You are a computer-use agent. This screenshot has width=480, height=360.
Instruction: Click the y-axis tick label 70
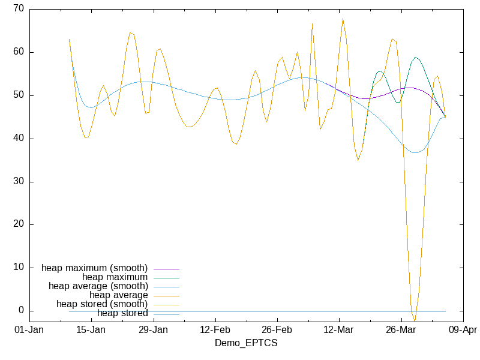pos(18,9)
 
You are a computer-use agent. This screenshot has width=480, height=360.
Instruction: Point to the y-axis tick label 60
pos(18,52)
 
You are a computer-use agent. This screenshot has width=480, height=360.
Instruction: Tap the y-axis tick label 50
pos(18,95)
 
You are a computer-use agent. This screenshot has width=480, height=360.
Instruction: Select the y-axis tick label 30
pos(18,182)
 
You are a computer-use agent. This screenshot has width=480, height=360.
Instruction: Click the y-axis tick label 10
pos(18,268)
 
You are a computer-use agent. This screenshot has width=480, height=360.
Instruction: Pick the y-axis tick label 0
pos(20,311)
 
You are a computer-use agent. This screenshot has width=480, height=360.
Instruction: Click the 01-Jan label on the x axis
pos(29,330)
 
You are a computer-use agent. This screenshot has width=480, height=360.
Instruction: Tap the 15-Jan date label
pos(91,330)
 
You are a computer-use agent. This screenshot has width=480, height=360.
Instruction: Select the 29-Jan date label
pos(154,330)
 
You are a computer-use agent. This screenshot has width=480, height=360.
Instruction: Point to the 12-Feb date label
pos(215,330)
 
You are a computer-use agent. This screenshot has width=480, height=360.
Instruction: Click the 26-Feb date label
pos(277,330)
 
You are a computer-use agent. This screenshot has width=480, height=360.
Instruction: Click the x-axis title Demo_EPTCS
pos(246,343)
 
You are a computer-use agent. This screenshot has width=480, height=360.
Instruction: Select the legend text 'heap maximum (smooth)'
pos(95,268)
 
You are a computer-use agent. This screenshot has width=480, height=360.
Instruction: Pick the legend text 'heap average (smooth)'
pos(98,286)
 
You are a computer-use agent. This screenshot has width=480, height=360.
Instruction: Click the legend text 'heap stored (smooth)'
pos(102,304)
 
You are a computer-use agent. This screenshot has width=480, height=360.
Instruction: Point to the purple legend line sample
pos(166,268)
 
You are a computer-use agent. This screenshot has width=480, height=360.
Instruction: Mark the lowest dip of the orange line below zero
pos(415,320)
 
